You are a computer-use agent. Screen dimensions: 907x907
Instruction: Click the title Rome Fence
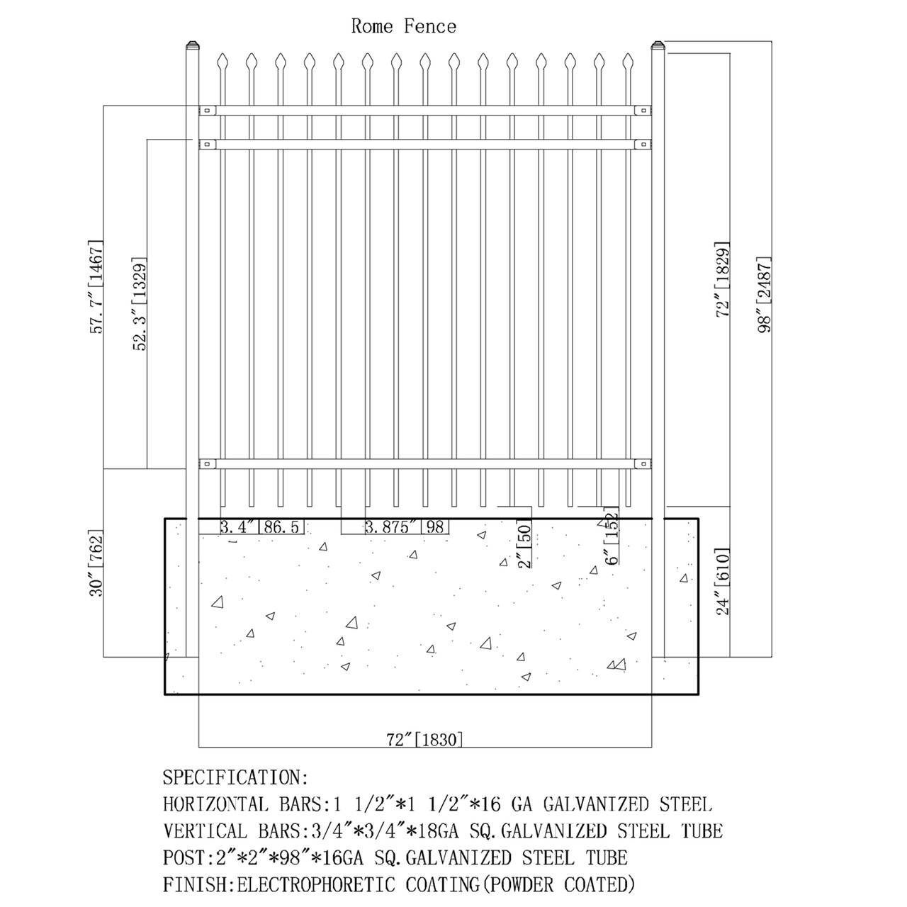coord(404,27)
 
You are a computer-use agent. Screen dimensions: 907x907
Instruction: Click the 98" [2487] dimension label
coord(764,293)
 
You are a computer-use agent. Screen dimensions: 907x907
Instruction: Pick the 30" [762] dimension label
coord(98,563)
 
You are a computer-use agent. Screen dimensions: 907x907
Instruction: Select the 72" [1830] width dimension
coord(425,740)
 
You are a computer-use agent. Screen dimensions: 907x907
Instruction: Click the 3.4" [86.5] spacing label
coord(261,526)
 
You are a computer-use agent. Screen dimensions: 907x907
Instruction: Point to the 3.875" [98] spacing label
coord(407,526)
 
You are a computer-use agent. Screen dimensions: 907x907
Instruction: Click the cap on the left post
coord(191,47)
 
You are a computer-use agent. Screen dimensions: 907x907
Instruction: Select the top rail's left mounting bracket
coord(208,110)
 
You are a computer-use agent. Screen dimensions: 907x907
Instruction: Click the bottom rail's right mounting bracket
coord(642,464)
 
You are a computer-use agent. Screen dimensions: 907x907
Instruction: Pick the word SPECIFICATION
coord(235,777)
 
